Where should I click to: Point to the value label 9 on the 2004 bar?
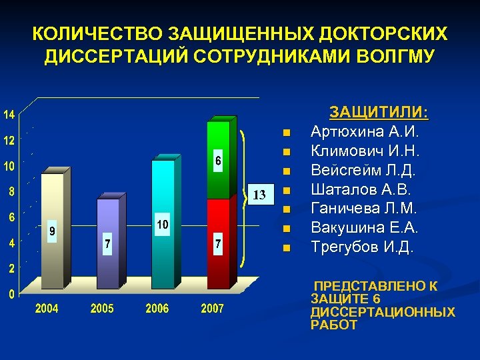(x=52, y=232)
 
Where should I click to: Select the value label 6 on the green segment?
(x=217, y=161)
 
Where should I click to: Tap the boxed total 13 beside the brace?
(x=261, y=195)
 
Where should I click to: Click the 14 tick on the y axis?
(x=9, y=115)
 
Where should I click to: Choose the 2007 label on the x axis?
(x=213, y=309)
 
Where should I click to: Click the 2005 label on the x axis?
(x=102, y=309)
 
